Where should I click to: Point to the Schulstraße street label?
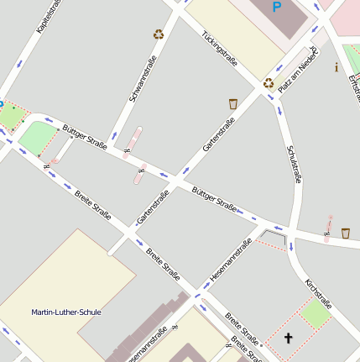coord(294,163)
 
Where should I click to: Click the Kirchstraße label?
coord(319,294)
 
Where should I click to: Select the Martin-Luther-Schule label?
coord(66,312)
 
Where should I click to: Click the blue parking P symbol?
coord(277,8)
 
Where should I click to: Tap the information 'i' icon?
coord(337,67)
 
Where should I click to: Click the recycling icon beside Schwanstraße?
coord(159,34)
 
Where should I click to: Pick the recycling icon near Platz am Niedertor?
coord(269,82)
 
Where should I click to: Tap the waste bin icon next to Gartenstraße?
coord(233,103)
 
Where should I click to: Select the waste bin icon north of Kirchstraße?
coord(346,233)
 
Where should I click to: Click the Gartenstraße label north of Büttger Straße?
coord(218,134)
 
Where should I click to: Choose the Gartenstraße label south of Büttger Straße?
coord(153,207)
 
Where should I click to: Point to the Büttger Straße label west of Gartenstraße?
coord(85,136)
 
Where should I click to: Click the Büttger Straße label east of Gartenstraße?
coord(213,198)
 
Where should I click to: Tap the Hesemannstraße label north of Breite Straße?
coord(231,260)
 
